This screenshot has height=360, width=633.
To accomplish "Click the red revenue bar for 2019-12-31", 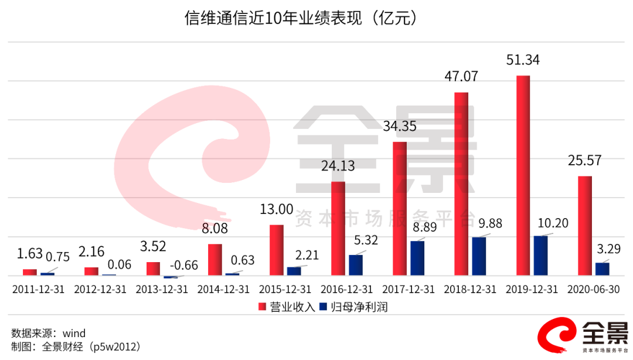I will click(x=523, y=175).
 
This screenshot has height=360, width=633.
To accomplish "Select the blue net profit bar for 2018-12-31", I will click(x=479, y=256).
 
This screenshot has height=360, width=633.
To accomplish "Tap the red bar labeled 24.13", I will click(x=338, y=229).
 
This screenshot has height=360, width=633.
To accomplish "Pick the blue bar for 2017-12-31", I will click(x=417, y=258).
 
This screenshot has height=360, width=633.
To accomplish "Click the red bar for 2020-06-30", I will click(x=585, y=226).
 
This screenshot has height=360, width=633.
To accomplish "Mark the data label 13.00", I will click(x=276, y=209).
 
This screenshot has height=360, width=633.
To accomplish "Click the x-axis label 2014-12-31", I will click(x=223, y=290).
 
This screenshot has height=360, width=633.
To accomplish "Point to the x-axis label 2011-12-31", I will click(x=38, y=290).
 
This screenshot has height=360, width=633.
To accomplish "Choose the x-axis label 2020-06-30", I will click(x=594, y=290).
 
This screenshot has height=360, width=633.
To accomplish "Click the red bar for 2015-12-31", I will click(x=276, y=250).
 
